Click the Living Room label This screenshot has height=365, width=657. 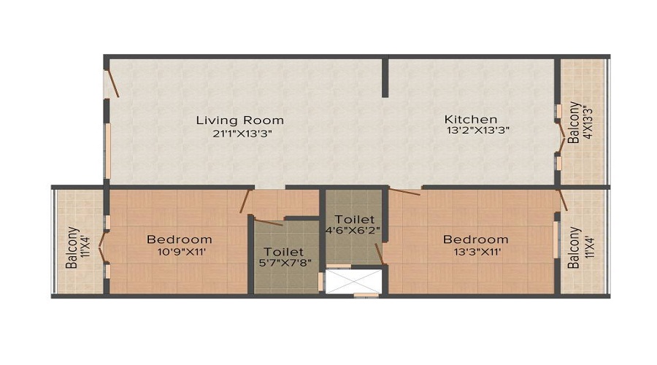pyautogui.click(x=239, y=120)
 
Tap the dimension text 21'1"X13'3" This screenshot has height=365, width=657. pyautogui.click(x=239, y=133)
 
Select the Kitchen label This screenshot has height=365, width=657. pyautogui.click(x=471, y=119)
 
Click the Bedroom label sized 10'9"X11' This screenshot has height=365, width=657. pyautogui.click(x=179, y=239)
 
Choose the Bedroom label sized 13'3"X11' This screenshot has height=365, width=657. pyautogui.click(x=475, y=239)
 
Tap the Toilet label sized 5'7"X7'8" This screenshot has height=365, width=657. pyautogui.click(x=284, y=252)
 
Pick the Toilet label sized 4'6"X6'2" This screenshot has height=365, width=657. pyautogui.click(x=355, y=219)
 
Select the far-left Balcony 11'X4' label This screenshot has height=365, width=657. pyautogui.click(x=74, y=249)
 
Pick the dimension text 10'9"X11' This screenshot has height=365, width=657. pyautogui.click(x=179, y=252)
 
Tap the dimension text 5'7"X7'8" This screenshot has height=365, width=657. pyautogui.click(x=284, y=265)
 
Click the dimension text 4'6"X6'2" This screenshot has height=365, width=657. pyautogui.click(x=355, y=231)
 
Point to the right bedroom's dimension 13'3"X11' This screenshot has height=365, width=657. pyautogui.click(x=475, y=252)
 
